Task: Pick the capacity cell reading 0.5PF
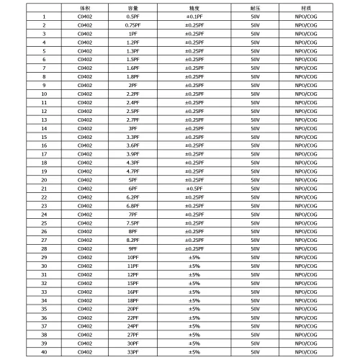(132, 16)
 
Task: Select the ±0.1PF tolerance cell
(194, 16)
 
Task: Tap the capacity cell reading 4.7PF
(132, 171)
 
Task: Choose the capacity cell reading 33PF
(132, 351)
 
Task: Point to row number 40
(44, 351)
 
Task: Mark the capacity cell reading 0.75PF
(132, 24)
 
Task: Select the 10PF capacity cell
(132, 257)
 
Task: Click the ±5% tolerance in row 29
(194, 257)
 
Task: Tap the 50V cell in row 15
(255, 136)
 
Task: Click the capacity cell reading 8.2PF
(132, 240)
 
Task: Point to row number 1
(44, 16)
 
